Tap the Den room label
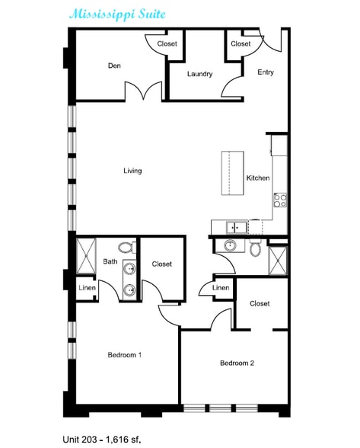click(x=114, y=66)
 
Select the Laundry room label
click(x=200, y=74)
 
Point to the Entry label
click(x=266, y=72)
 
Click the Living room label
click(x=132, y=171)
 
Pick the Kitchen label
click(x=258, y=178)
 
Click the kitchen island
click(x=233, y=173)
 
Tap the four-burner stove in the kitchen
click(x=280, y=200)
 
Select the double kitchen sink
click(x=237, y=228)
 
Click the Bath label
click(x=110, y=261)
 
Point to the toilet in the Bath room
click(x=127, y=248)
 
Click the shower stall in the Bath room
click(x=86, y=256)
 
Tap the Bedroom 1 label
click(x=125, y=355)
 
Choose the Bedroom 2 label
click(x=237, y=363)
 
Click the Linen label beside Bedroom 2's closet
click(x=221, y=288)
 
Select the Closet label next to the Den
click(x=167, y=43)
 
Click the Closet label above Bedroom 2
click(x=260, y=303)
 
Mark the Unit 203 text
click(x=80, y=439)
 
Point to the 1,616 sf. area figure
click(x=123, y=439)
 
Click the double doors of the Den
click(x=144, y=91)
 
